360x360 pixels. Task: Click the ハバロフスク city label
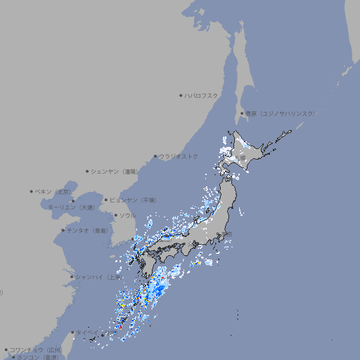coord(202,95)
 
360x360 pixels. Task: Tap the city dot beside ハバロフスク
coord(181,95)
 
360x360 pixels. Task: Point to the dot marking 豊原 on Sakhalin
coord(242,113)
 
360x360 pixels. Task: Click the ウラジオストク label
coord(179,156)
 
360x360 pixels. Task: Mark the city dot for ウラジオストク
coord(155,156)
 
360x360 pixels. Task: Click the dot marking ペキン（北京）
coord(32,191)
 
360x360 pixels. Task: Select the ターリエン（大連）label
coord(70,208)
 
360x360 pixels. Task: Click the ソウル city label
coord(127,215)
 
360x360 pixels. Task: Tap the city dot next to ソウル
coord(115,215)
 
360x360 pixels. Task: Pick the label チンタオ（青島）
coord(88,231)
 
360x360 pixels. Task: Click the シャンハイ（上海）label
coord(99,277)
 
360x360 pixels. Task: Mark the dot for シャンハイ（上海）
coord(72,277)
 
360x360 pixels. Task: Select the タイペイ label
coord(88,333)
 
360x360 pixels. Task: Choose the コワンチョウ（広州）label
coord(35,349)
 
